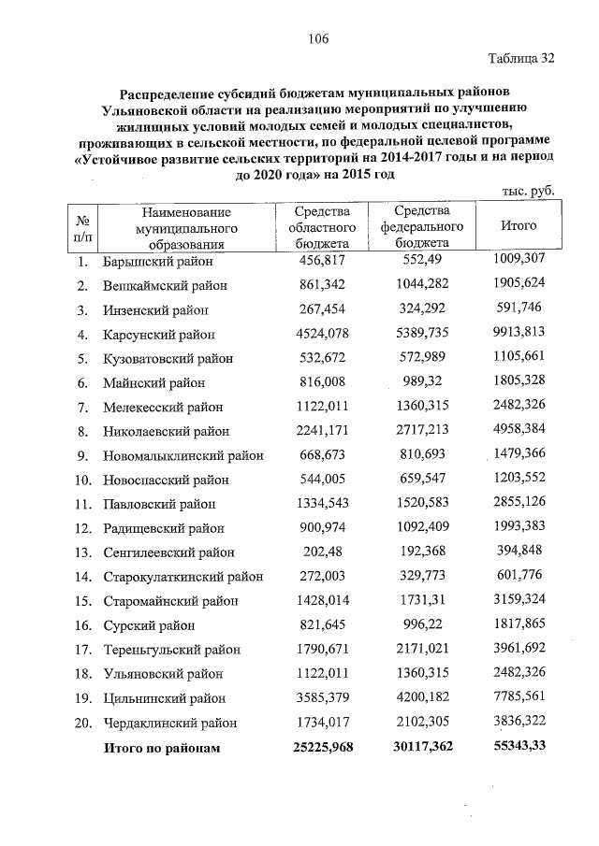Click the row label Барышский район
[158, 260]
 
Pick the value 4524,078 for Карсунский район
[321, 334]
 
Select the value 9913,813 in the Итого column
[518, 333]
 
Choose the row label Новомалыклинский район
[182, 455]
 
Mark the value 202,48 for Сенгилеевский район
[321, 552]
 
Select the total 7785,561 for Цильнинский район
[518, 697]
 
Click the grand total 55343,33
[518, 747]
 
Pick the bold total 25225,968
[321, 747]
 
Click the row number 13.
[82, 552]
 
